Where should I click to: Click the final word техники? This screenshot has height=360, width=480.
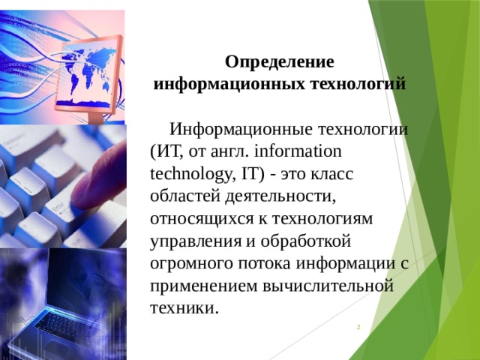[184, 308]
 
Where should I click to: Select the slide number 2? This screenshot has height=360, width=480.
[358, 328]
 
